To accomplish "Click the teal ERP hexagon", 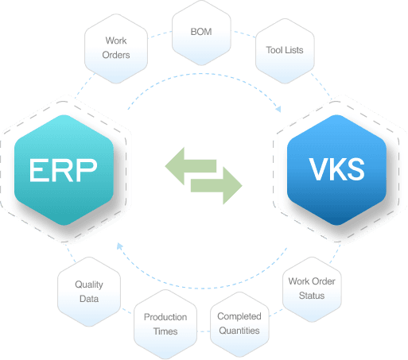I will (64, 169).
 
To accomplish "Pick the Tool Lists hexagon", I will (284, 50).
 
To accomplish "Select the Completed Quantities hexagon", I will (239, 323).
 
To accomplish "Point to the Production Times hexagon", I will (165, 323).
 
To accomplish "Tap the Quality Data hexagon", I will (88, 291).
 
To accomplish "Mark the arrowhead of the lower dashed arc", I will (120, 247).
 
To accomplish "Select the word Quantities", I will (239, 330).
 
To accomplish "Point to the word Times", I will (165, 330).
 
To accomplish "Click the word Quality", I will (88, 285).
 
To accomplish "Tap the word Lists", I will (293, 50).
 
